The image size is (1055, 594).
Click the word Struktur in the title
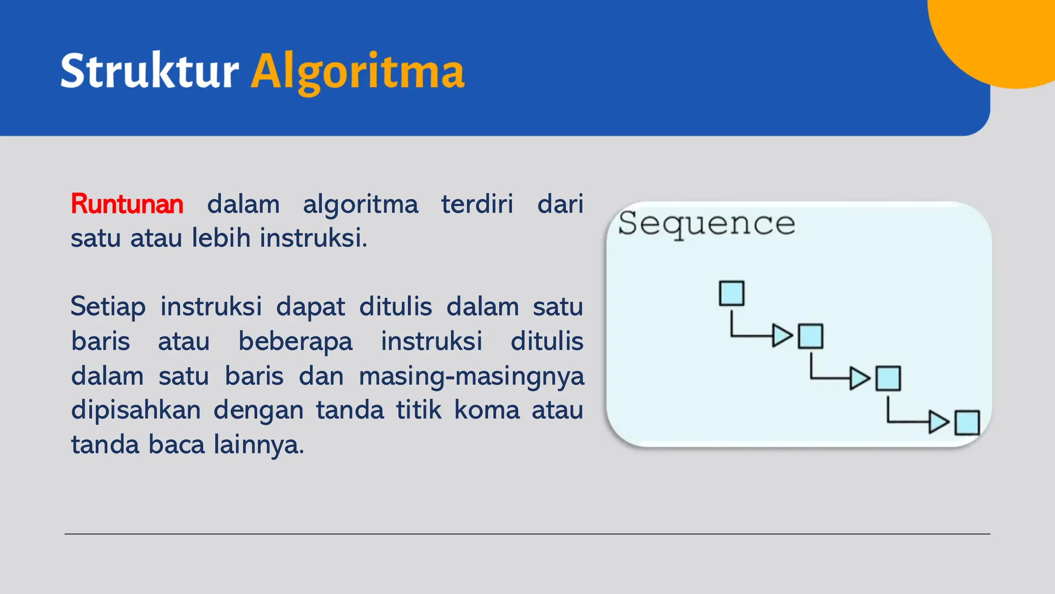149,71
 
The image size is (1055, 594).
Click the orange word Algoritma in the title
358,72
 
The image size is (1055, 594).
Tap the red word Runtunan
127,204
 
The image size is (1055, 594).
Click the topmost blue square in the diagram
731,293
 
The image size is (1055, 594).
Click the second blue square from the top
810,336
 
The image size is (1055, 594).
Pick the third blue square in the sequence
888,378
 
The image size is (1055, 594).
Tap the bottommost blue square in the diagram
967,423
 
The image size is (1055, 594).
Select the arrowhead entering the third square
859,378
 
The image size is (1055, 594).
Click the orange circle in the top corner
1005,36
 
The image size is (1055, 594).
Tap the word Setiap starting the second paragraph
108,306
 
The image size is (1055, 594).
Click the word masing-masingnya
471,376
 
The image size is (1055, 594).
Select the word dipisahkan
136,410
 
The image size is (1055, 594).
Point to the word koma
487,410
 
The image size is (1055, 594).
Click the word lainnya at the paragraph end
259,444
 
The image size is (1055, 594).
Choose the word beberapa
295,341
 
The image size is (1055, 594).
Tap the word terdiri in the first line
477,204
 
